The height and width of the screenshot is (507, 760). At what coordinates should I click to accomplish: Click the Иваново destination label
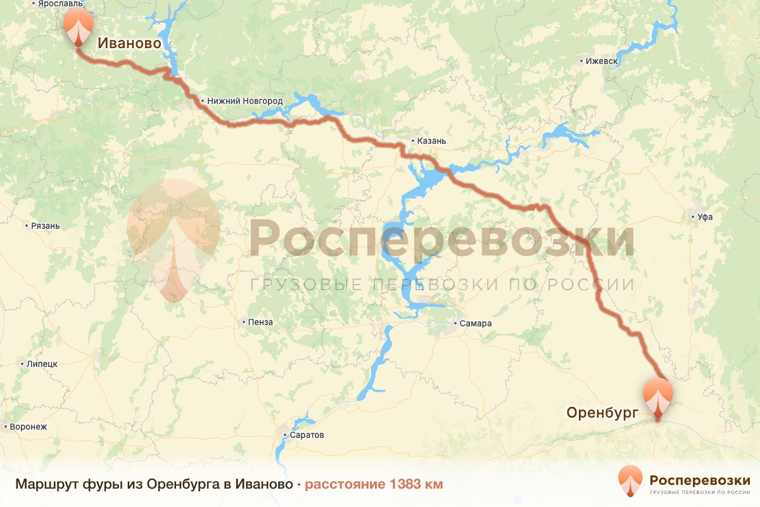click(x=129, y=44)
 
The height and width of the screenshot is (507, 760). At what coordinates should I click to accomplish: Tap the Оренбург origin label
click(x=600, y=413)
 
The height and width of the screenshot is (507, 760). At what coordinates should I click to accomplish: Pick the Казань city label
click(x=433, y=141)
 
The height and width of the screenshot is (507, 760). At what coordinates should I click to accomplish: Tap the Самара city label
click(x=476, y=324)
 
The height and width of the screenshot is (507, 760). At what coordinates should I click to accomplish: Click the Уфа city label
click(x=705, y=217)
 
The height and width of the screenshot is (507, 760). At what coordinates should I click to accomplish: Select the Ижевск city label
click(x=601, y=61)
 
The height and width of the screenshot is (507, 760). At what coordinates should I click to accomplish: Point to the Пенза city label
click(x=261, y=322)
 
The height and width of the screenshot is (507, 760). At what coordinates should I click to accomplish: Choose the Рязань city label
click(x=46, y=226)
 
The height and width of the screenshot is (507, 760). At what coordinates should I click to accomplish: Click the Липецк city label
click(x=42, y=364)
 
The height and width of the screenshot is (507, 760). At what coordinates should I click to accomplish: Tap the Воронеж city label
click(x=28, y=427)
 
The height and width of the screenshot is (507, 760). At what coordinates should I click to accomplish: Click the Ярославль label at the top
click(x=60, y=4)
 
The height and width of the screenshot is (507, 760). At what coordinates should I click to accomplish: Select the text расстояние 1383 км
click(x=374, y=484)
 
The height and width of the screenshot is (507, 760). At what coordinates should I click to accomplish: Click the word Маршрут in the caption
click(x=47, y=484)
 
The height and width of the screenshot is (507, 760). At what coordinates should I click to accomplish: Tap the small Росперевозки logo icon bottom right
click(x=631, y=480)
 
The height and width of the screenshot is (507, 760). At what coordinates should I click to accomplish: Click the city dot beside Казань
click(x=412, y=141)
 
